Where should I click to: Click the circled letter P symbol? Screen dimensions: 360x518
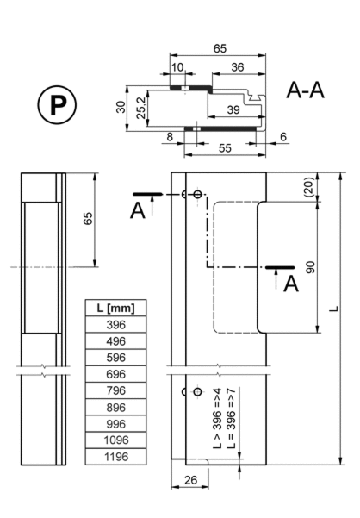57,105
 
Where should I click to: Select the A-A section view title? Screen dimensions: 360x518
305,90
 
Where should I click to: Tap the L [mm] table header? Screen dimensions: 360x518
115,309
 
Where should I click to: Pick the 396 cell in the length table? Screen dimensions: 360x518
115,325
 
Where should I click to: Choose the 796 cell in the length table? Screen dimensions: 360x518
115,390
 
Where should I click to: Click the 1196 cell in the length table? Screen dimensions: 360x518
115,457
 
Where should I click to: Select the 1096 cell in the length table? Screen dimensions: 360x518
115,440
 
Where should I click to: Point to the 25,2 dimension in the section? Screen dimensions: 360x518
141,108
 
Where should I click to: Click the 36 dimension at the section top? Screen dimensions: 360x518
238,67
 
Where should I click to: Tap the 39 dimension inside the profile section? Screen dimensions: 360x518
233,109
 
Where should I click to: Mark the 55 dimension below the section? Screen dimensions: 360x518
225,148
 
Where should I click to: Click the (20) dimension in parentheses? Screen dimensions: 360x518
309,187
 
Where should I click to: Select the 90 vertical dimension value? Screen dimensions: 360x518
311,267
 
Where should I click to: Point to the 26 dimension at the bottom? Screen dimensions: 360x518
190,480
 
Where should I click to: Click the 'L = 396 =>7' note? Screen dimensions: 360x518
232,418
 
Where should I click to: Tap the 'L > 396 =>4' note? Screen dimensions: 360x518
217,418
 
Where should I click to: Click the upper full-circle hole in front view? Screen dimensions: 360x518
197,194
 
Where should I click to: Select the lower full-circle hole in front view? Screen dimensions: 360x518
197,392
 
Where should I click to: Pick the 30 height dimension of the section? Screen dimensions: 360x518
121,108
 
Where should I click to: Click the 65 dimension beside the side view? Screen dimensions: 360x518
88,219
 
